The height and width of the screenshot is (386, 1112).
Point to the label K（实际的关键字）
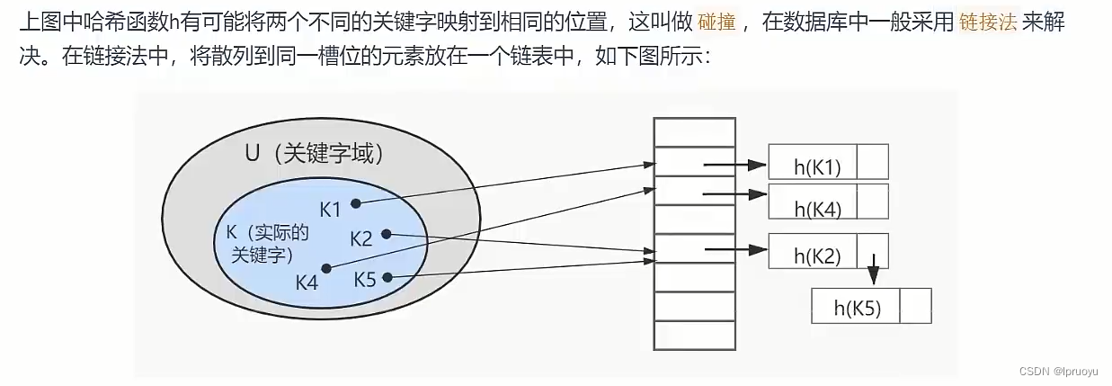(x=268, y=244)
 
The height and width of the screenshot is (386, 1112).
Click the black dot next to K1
(x=357, y=203)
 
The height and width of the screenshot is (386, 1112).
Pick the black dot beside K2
(x=386, y=234)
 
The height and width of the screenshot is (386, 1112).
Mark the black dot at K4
(x=326, y=268)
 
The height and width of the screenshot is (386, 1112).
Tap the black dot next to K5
(x=387, y=276)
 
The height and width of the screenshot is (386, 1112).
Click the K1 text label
(x=331, y=209)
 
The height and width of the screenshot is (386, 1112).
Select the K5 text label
(x=365, y=279)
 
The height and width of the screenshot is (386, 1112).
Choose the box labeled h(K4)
(x=813, y=202)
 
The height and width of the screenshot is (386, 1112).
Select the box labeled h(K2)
(x=813, y=251)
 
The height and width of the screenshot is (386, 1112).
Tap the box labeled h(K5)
(x=856, y=306)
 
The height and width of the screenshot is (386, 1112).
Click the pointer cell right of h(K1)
(x=873, y=162)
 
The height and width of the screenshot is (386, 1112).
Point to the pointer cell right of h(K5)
(x=915, y=306)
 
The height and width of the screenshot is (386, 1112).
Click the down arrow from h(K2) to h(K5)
(x=872, y=270)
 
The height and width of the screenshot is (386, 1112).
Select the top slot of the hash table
(x=686, y=131)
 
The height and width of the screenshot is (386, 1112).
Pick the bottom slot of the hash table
(x=686, y=335)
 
